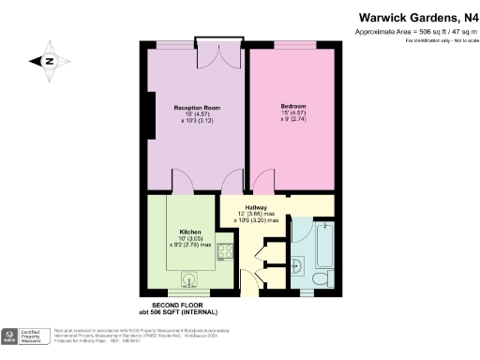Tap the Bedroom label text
[292, 106]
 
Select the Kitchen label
[191, 232]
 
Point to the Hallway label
[257, 206]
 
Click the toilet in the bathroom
[317, 278]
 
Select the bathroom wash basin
[298, 262]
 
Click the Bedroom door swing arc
[264, 180]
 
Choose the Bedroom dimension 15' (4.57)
[292, 114]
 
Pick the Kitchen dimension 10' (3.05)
[191, 239]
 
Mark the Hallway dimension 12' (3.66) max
[257, 214]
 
